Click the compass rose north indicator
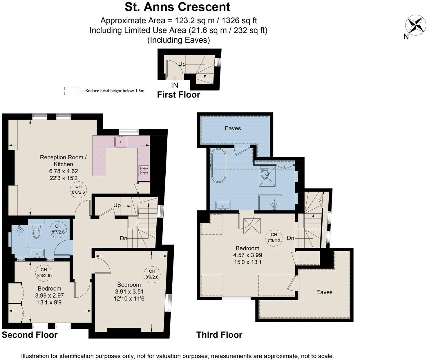click(415, 26)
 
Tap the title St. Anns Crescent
click(178, 7)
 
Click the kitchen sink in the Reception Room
click(121, 142)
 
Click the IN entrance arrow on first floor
click(175, 77)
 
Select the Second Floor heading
click(30, 335)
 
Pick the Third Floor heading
click(219, 335)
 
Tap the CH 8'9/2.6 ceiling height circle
click(151, 274)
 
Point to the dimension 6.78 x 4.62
click(63, 171)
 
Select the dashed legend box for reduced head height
click(72, 91)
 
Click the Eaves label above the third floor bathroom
click(233, 128)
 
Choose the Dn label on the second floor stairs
click(124, 238)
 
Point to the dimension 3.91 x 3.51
click(129, 291)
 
